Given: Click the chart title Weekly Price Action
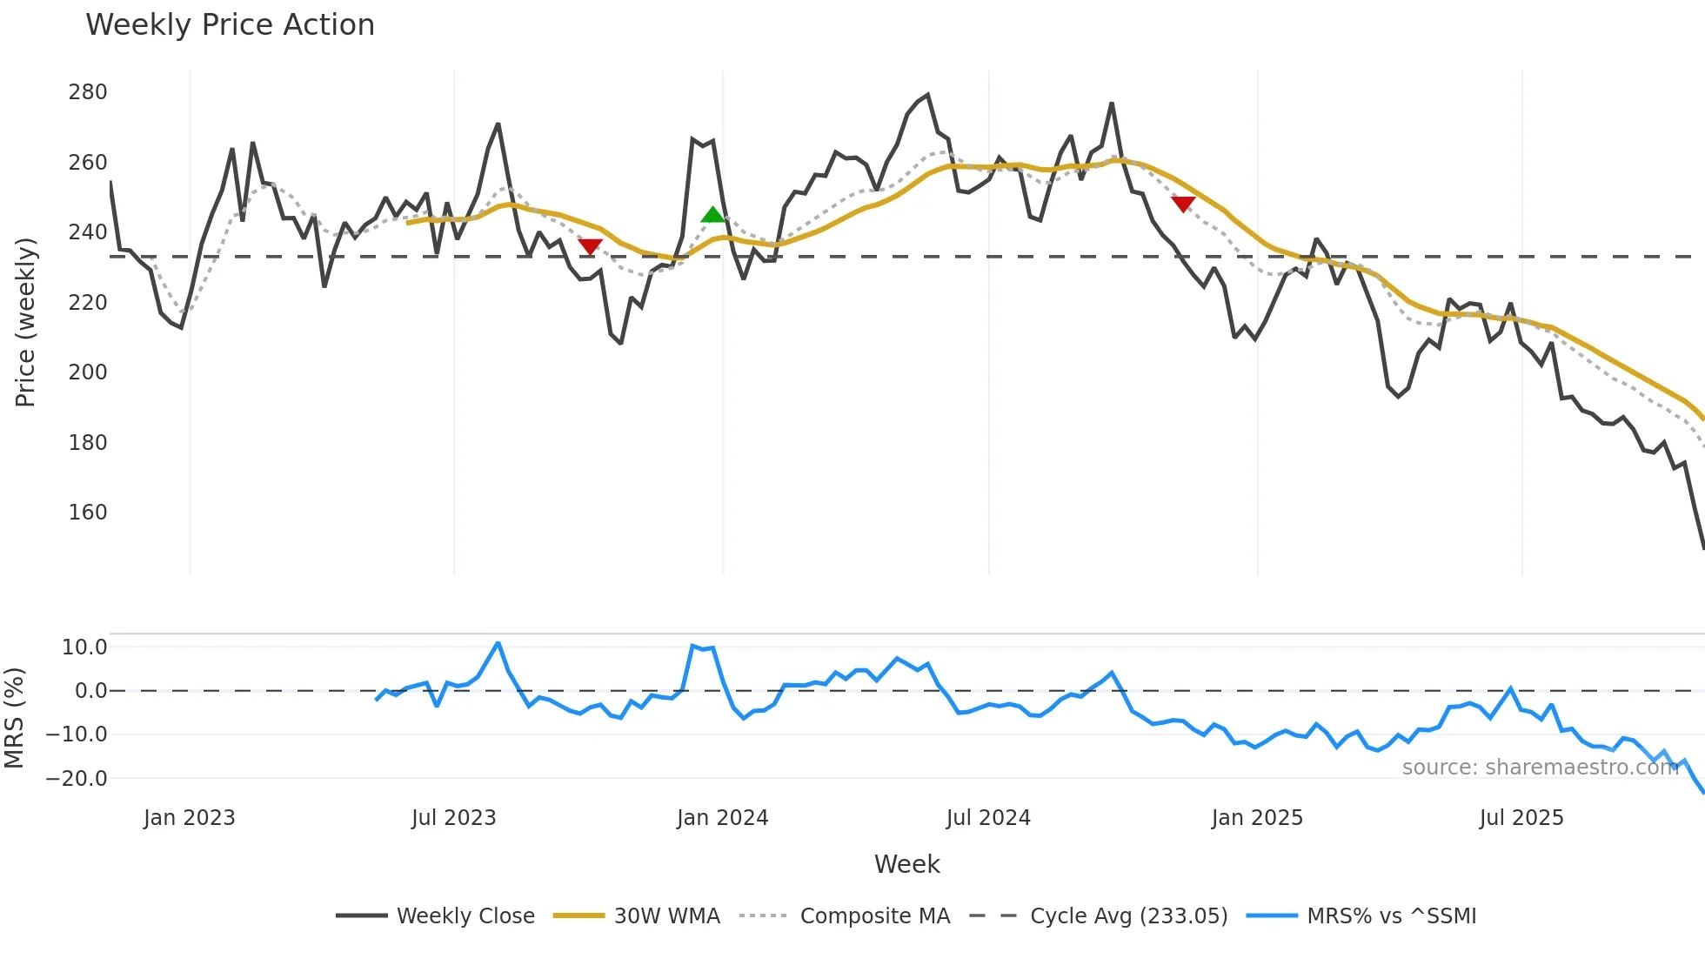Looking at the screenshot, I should (x=230, y=25).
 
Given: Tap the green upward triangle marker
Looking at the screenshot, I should (x=712, y=215).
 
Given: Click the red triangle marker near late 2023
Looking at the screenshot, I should (x=590, y=246).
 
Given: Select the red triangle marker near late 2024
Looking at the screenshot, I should (x=1183, y=204).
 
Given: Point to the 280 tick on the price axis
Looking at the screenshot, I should (x=88, y=92).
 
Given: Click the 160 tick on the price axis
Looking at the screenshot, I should (x=88, y=513).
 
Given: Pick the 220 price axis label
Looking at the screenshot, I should (x=88, y=303).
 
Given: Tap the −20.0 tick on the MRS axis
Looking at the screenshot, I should (x=77, y=779).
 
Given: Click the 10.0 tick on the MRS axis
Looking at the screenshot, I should (x=84, y=647).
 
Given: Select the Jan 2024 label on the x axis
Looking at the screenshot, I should (x=722, y=818).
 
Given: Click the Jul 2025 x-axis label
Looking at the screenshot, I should (x=1521, y=818).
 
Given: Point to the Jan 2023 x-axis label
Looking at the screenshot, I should (x=189, y=818).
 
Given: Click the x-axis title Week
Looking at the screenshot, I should (x=906, y=864).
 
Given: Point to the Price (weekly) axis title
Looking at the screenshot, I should (x=25, y=322).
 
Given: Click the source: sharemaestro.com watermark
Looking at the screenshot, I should (x=1540, y=768).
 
